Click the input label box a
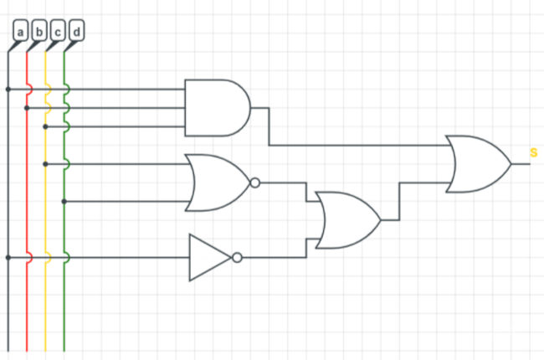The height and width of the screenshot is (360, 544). [x=21, y=32]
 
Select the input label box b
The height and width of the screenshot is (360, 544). [x=39, y=32]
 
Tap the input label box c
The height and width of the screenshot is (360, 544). [x=58, y=32]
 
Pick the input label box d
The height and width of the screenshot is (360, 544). [x=76, y=32]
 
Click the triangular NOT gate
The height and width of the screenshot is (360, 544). [x=209, y=257]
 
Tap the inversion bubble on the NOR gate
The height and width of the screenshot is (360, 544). [x=254, y=183]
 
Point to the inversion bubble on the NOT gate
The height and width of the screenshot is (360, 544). [x=237, y=257]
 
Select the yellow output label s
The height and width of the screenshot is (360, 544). [x=533, y=152]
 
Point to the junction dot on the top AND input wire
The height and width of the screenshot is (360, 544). [x=8, y=89]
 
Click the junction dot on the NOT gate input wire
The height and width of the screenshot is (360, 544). [x=8, y=257]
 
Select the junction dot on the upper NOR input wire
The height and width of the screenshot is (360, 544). [x=45, y=164]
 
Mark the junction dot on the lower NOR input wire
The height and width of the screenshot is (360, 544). [x=64, y=201]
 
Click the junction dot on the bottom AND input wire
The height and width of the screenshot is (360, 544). [x=45, y=126]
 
